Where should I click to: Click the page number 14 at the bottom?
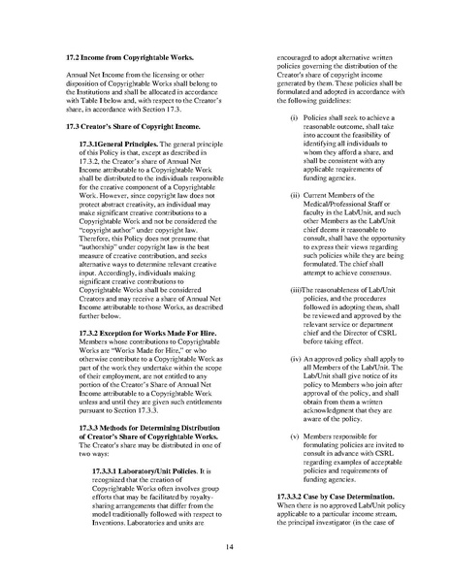point(224,547)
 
